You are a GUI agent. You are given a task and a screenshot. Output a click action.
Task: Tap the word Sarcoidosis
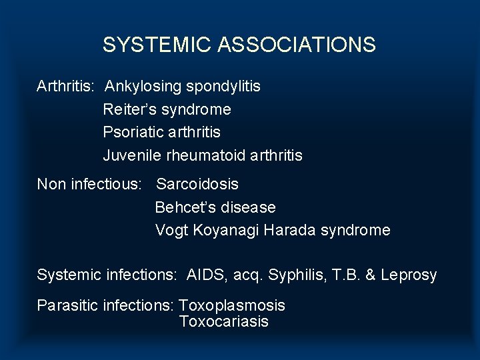click(x=197, y=184)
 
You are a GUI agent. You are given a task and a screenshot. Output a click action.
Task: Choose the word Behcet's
click(x=183, y=207)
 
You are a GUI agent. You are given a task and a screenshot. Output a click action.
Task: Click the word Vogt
click(x=171, y=231)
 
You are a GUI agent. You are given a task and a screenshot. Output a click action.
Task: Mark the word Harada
click(x=289, y=230)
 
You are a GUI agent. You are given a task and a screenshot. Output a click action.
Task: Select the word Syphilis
click(x=291, y=275)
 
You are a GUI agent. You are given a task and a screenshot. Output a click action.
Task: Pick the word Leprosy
click(x=409, y=275)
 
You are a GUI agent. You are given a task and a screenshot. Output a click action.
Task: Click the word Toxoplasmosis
click(x=232, y=305)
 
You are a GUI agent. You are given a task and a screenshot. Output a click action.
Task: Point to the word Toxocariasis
click(x=223, y=321)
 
